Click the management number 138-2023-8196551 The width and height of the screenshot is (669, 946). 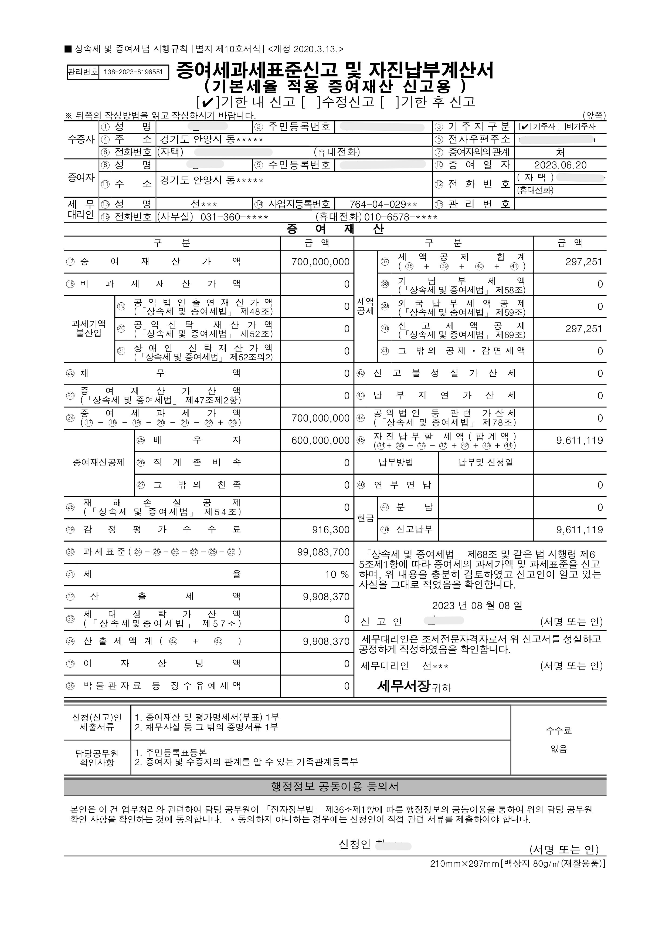pos(133,72)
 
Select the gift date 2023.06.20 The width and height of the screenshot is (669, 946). pos(560,165)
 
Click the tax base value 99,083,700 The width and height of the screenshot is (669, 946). pos(323,552)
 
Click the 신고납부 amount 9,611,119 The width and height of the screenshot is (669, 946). pos(579,530)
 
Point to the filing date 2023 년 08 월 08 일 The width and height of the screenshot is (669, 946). pos(477,605)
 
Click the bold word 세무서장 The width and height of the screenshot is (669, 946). pos(404,686)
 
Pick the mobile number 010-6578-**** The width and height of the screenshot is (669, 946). pos(400,217)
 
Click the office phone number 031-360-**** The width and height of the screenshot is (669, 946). pos(234,217)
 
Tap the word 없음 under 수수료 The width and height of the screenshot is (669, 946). pos(559,749)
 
